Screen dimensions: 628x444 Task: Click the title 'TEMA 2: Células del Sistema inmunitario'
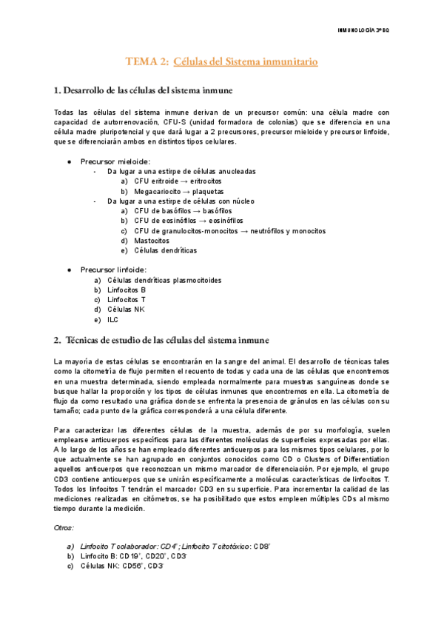click(221, 62)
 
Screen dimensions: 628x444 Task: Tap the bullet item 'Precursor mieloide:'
click(115, 161)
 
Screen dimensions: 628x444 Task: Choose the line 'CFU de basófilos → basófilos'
click(183, 211)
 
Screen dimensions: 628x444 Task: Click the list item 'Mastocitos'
click(152, 241)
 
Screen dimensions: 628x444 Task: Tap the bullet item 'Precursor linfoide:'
click(113, 270)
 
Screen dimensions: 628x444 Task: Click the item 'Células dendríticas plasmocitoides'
click(164, 281)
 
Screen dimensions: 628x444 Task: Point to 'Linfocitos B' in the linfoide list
click(127, 290)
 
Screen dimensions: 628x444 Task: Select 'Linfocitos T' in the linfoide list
click(127, 300)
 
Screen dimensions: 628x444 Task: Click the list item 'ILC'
click(112, 320)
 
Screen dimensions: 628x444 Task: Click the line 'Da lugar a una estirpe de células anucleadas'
click(181, 171)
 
